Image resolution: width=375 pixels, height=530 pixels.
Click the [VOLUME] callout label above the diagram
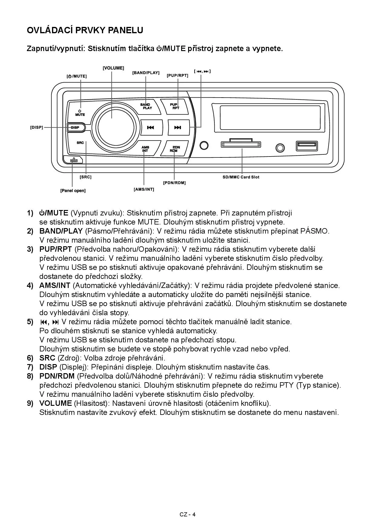pos(113,68)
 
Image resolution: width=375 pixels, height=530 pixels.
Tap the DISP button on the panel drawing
pos(75,128)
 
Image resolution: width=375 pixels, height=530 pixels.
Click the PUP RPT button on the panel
pos(174,106)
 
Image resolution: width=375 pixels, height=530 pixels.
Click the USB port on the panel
pos(306,146)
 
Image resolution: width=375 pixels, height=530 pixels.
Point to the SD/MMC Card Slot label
pos(241,177)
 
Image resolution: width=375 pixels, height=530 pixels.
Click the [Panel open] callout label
pos(73,191)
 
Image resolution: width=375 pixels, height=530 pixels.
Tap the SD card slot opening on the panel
pos(241,145)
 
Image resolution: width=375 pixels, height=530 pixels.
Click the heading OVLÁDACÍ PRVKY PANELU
pos(85,30)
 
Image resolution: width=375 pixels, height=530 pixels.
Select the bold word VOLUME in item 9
pos(55,403)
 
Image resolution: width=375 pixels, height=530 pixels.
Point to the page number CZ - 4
pos(187,515)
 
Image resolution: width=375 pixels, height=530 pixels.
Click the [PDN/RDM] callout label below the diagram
pos(174,183)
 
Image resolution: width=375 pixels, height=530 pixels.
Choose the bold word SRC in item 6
pos(47,358)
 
